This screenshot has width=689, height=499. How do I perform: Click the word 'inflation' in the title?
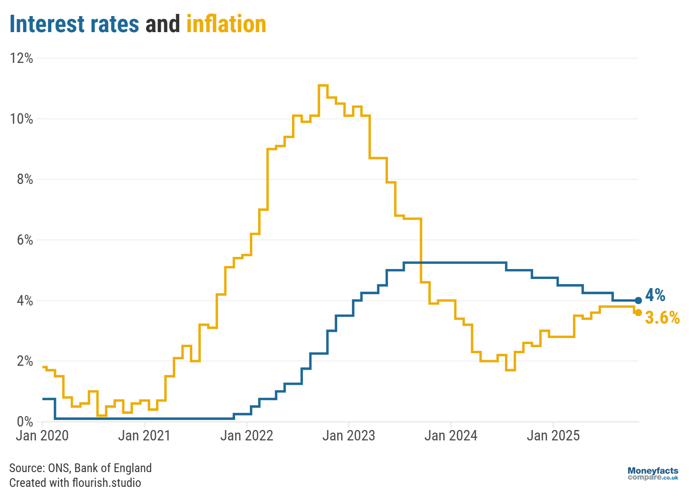click(226, 24)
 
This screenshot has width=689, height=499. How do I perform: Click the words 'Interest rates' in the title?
click(74, 24)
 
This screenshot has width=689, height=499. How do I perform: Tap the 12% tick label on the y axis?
click(22, 58)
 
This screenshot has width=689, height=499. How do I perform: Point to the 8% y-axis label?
click(25, 179)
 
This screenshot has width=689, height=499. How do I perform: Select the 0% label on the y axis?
click(25, 421)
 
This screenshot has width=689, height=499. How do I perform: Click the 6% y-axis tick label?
click(25, 240)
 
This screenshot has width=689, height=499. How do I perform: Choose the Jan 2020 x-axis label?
click(42, 436)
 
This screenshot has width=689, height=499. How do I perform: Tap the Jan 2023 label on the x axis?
click(348, 436)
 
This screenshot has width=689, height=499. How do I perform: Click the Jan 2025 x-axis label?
click(553, 436)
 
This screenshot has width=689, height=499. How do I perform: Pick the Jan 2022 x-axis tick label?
click(246, 436)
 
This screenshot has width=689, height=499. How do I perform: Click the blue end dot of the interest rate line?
click(638, 300)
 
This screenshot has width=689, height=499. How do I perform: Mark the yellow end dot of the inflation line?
click(638, 312)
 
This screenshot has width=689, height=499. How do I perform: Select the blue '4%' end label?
click(655, 295)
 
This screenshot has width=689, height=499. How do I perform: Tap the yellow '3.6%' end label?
click(662, 318)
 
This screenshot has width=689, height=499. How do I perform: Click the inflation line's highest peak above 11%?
click(323, 85)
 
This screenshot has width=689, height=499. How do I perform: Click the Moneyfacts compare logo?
click(653, 473)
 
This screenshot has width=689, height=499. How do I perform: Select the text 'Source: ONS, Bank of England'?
click(80, 468)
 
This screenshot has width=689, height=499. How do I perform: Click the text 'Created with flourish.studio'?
click(75, 483)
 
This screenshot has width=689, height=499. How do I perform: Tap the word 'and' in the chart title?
click(162, 24)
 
